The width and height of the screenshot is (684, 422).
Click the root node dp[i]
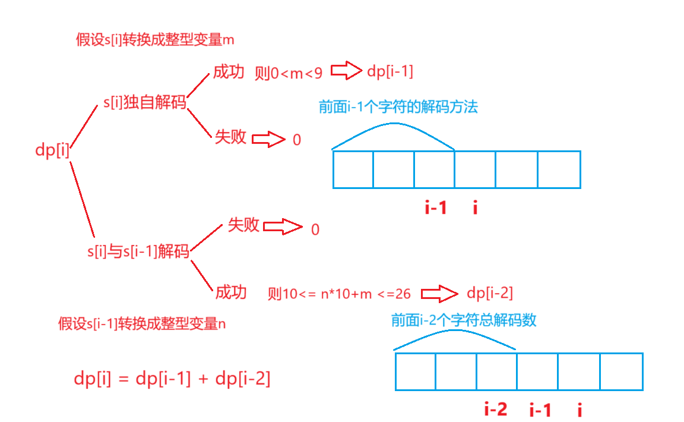click(x=53, y=151)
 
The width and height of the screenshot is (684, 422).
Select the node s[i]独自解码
click(x=144, y=103)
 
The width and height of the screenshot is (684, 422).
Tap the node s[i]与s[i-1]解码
click(x=138, y=252)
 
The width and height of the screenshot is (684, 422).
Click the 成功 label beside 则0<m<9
click(x=229, y=73)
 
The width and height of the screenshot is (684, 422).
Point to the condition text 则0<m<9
click(x=289, y=73)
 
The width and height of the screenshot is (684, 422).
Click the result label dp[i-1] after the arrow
click(x=390, y=72)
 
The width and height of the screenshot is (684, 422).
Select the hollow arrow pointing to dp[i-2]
click(x=439, y=294)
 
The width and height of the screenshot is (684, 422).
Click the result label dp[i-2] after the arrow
click(x=490, y=293)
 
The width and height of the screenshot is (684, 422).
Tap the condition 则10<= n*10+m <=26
click(x=339, y=294)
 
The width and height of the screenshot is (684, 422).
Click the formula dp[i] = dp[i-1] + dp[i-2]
click(x=172, y=379)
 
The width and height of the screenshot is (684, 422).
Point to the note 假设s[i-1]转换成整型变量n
click(x=142, y=324)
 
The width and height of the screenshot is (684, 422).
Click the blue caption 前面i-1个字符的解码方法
click(x=398, y=107)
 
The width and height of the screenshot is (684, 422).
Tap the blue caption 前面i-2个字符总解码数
click(x=464, y=320)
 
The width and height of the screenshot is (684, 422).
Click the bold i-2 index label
click(x=496, y=409)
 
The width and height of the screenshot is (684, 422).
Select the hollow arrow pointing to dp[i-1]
click(x=346, y=72)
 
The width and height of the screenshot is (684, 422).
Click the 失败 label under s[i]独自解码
click(x=230, y=137)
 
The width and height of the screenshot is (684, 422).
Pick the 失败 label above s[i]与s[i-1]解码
click(x=244, y=225)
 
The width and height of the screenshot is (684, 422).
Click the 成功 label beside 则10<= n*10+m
click(x=231, y=292)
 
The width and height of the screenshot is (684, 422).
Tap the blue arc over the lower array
click(x=455, y=330)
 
